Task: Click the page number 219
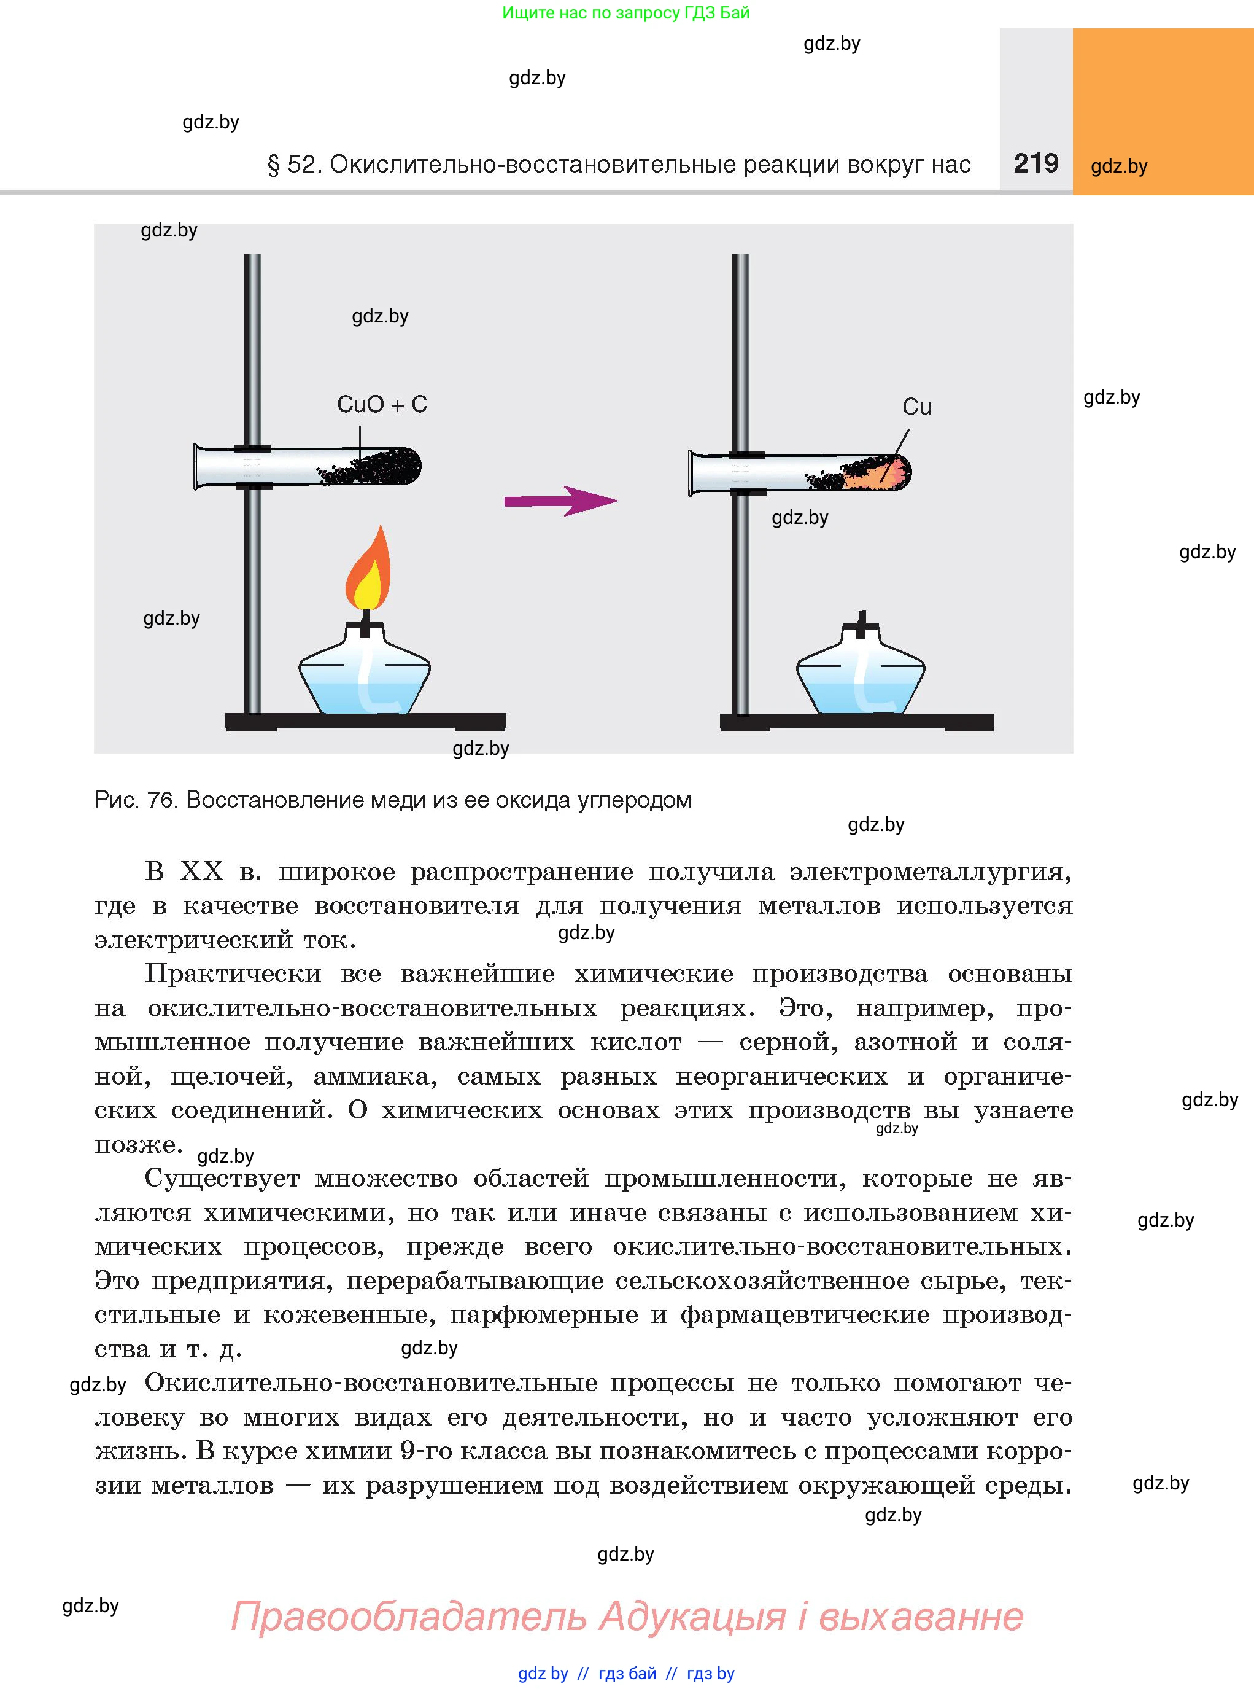(1035, 163)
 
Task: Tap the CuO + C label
(382, 404)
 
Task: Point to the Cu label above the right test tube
(916, 407)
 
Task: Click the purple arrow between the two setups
(561, 501)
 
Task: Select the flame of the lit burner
(368, 569)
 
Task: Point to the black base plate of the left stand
(365, 722)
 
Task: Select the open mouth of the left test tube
(199, 466)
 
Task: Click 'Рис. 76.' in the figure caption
(136, 800)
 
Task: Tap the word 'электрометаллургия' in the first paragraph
(930, 872)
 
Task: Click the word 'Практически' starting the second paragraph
(233, 973)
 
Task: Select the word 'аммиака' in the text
(375, 1076)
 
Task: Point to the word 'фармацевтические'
(805, 1314)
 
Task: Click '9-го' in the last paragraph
(425, 1451)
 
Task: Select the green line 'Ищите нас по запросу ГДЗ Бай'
(625, 13)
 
